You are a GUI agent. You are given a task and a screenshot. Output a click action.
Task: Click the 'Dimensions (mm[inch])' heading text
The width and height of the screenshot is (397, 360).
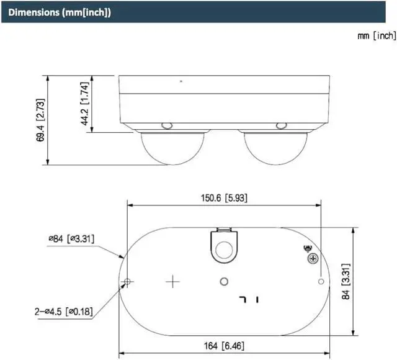pos(60,12)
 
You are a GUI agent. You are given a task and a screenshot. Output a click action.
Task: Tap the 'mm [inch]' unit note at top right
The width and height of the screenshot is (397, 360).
pos(377,36)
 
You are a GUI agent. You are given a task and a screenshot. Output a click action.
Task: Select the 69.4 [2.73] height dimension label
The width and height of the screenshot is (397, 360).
pos(40,120)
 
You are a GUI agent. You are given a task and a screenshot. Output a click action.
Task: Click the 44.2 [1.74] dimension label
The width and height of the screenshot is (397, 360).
pos(84,104)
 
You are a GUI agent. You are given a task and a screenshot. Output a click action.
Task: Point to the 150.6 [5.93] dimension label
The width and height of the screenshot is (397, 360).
pos(224,198)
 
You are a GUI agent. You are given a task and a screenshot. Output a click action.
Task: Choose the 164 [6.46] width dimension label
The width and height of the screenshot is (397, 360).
pos(224,346)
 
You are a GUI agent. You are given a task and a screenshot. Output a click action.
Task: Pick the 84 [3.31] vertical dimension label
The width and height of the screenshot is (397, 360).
pos(346,281)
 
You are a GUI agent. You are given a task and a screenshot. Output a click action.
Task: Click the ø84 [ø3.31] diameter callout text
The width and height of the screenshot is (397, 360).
pos(71,238)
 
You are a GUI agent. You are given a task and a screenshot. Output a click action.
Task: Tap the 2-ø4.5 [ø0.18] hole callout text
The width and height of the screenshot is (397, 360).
pos(64,312)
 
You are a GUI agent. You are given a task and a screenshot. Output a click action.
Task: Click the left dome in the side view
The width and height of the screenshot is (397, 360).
pos(172,148)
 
